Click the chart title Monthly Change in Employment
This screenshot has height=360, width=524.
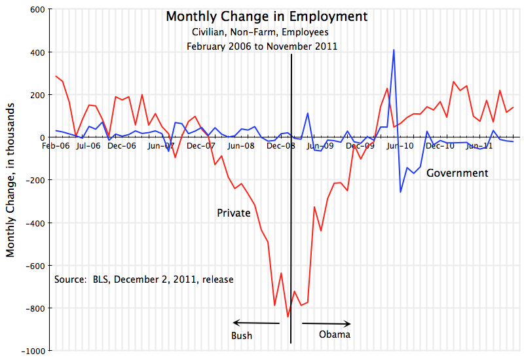(267, 16)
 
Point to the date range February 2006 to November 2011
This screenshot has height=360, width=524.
(262, 46)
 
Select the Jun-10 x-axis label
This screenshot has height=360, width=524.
(400, 146)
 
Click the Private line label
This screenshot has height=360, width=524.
(234, 213)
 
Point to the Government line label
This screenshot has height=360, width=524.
(457, 173)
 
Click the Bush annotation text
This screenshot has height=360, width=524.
(242, 336)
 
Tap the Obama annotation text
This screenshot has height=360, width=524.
(334, 334)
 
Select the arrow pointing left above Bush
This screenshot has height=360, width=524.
(256, 322)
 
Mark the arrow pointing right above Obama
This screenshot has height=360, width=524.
(327, 323)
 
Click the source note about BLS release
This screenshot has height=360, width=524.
(144, 279)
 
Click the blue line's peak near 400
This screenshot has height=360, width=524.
(394, 50)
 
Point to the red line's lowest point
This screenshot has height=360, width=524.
(288, 317)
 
